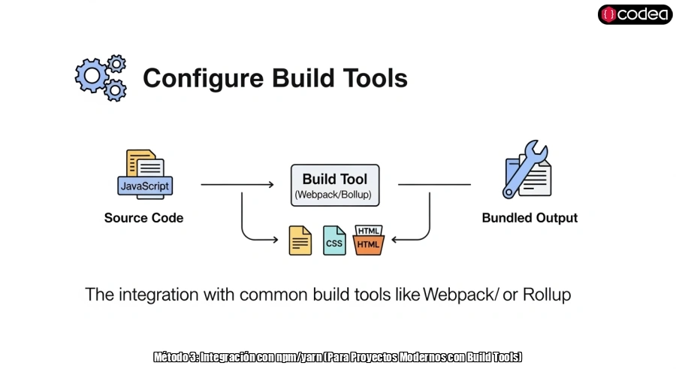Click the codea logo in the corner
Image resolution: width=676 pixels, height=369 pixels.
(635, 14)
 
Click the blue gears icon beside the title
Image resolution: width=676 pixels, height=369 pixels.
(101, 77)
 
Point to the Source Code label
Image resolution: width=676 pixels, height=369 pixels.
(143, 218)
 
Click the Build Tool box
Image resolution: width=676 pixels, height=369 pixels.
(335, 186)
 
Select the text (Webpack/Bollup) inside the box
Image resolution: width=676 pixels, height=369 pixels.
(335, 195)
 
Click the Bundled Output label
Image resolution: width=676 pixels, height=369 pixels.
(530, 218)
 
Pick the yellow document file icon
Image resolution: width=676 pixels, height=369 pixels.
(300, 240)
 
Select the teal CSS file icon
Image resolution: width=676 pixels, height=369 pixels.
(334, 240)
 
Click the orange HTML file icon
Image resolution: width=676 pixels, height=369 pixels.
(368, 240)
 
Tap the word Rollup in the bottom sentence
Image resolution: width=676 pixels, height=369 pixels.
(546, 295)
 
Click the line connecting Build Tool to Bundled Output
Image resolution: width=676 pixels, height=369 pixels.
(434, 184)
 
